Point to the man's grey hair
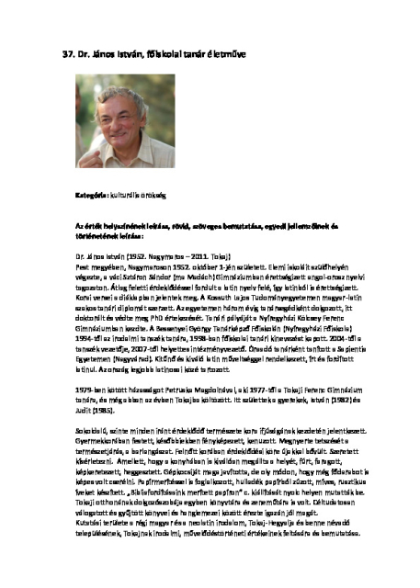119,92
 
